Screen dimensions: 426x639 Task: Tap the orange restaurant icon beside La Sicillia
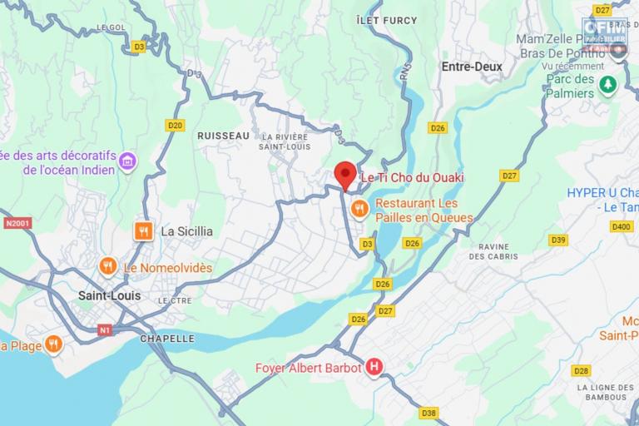coord(143,231)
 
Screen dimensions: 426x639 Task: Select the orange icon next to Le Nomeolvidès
coord(107,267)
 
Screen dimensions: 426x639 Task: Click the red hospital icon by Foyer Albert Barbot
coord(374,367)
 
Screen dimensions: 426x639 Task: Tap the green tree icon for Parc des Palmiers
coord(609,86)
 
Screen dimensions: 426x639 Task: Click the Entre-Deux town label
coord(472,67)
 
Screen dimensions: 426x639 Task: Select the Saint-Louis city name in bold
coord(109,295)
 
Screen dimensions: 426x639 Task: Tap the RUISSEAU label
coord(223,135)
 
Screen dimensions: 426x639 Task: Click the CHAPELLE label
coord(167,339)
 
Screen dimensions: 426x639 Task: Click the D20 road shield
coord(175,126)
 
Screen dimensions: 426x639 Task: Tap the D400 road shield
coord(621,226)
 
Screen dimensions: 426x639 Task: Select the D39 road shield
coord(558,240)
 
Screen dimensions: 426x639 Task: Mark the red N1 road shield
coord(104,330)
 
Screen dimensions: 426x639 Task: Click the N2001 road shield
coord(16,223)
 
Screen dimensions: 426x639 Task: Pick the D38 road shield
coord(428,413)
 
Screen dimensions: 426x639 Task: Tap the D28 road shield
coord(581,370)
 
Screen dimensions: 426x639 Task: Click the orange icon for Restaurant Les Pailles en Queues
coord(359,208)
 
